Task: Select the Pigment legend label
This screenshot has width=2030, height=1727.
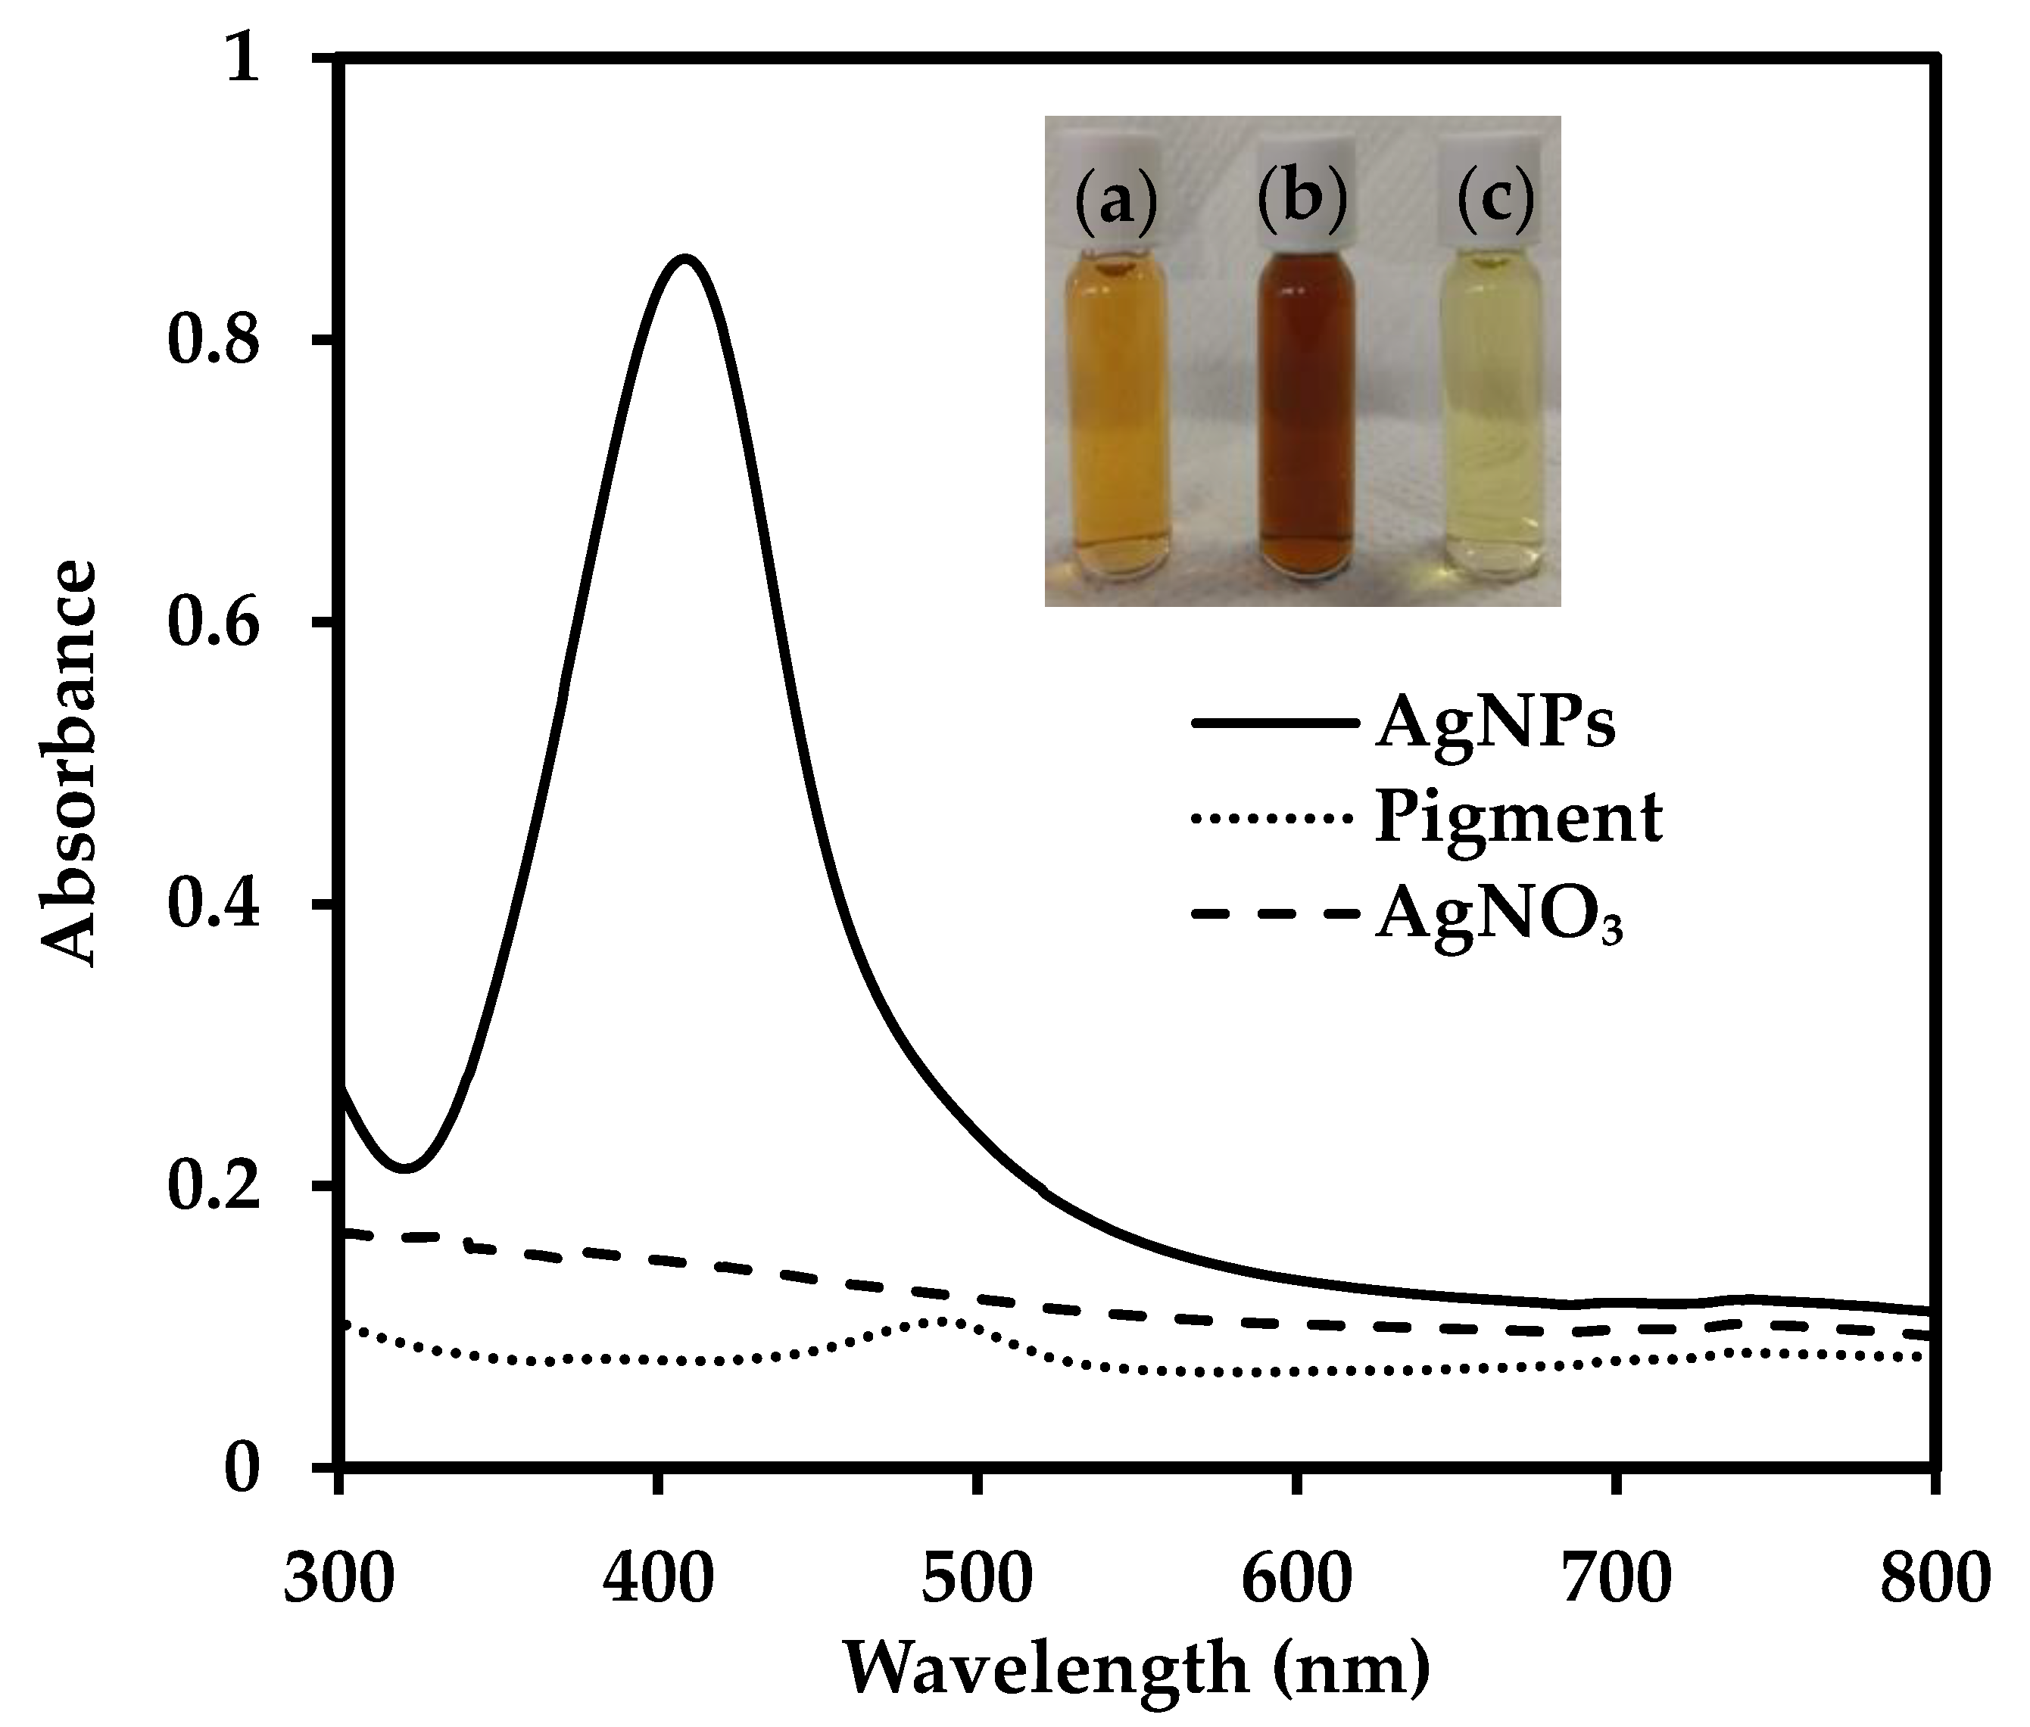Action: click(1518, 818)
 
